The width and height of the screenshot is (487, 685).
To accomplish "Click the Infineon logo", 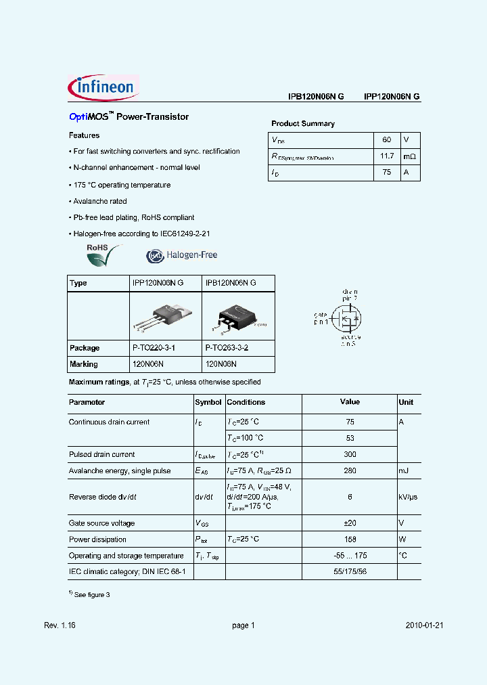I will (103, 88).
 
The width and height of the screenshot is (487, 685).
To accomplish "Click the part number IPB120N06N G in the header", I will (316, 97).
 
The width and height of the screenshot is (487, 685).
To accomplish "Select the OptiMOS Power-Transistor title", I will (129, 117).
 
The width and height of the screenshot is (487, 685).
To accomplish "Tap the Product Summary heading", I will (303, 124).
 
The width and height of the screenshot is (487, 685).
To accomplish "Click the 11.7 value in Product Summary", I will (387, 156).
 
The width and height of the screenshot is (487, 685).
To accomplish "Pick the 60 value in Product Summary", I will (387, 139).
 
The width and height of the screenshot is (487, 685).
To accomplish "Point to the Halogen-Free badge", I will (182, 255).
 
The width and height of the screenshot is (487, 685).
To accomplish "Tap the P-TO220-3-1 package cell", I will (154, 348).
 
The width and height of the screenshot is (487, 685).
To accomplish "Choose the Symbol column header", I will (208, 402).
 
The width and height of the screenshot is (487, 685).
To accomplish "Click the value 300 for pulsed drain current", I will (350, 455).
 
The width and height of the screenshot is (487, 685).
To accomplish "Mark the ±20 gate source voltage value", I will (350, 523).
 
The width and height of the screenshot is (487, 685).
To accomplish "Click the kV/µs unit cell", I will (408, 497).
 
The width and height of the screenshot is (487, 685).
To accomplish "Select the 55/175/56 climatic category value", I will (350, 572).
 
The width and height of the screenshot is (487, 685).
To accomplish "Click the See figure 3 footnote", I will (89, 594).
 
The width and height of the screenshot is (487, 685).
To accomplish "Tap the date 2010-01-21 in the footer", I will (425, 626).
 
